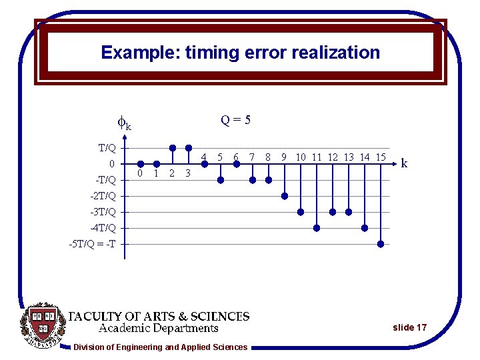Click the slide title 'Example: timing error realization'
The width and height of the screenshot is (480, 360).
[240, 53]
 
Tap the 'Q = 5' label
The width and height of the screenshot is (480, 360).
[236, 120]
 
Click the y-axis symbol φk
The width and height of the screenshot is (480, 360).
[124, 124]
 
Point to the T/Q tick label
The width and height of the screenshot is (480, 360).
[107, 148]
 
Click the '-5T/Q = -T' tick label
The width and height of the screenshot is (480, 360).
[92, 244]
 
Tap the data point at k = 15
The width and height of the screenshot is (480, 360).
[381, 244]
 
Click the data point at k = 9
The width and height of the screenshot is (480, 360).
[285, 196]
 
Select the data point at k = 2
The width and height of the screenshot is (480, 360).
[173, 148]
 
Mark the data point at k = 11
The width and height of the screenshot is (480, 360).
[317, 228]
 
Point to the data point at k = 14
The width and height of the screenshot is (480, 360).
[365, 228]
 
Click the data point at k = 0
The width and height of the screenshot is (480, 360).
[141, 164]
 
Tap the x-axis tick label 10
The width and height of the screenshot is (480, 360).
[301, 157]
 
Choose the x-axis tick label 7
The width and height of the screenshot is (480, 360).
[252, 157]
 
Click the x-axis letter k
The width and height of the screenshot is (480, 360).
[405, 163]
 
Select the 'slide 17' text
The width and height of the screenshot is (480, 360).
[409, 327]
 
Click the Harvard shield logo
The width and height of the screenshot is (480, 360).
[43, 325]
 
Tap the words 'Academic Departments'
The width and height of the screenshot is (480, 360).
[159, 328]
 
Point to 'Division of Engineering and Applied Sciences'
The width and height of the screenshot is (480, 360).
[160, 347]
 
